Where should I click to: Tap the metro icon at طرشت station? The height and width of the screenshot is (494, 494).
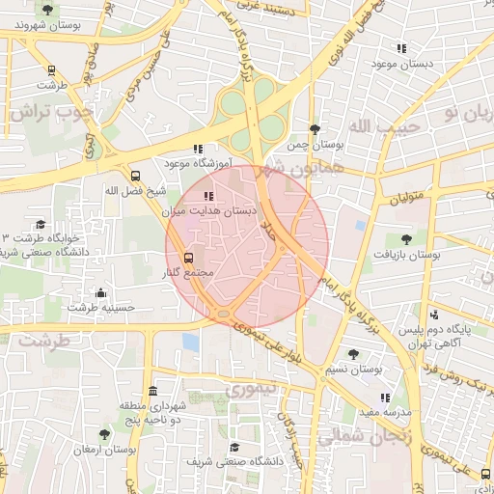point(51,69)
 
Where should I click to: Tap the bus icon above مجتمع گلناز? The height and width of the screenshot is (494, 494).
point(187,258)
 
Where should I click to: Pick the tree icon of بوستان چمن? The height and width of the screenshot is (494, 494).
point(315,129)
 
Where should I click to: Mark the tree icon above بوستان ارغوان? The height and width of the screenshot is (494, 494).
point(104,435)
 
